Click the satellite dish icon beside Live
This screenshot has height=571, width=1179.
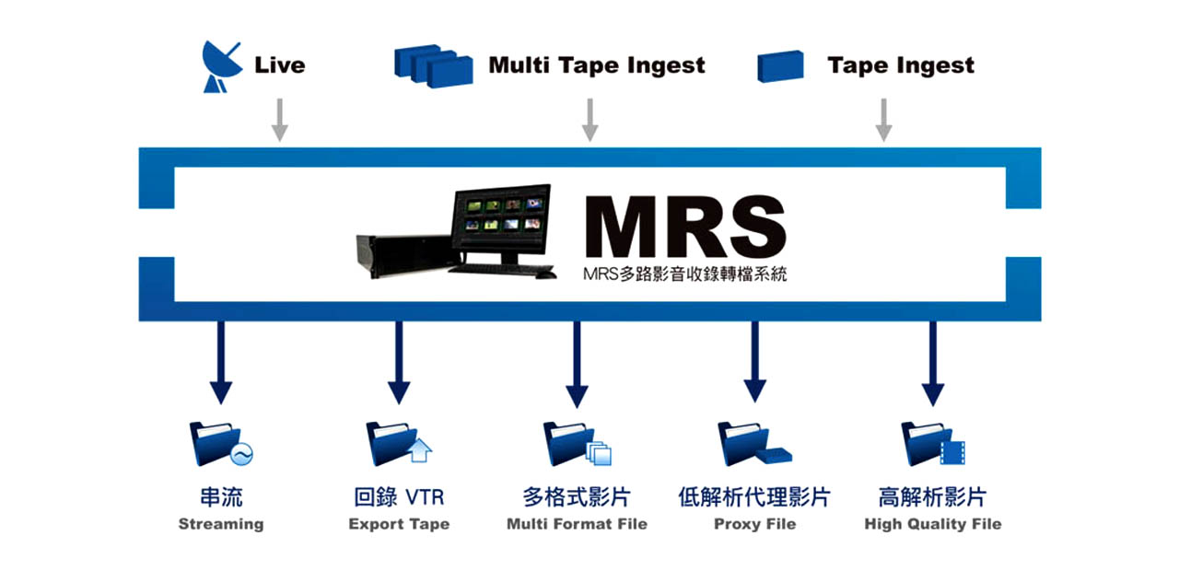pos(220,67)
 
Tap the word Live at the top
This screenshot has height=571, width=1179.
pos(279,65)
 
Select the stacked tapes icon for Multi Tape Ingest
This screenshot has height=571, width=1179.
pos(433,65)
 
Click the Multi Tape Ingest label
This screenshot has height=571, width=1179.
pos(597,65)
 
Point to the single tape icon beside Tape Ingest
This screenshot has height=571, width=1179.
pos(780,66)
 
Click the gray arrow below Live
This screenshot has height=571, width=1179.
pos(279,120)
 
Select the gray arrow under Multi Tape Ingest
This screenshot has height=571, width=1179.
pos(590,120)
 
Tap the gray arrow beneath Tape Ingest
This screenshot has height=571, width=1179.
pos(883,120)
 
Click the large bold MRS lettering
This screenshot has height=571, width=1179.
pos(685,227)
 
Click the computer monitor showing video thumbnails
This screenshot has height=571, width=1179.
pos(501,224)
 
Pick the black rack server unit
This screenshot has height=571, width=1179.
pos(405,256)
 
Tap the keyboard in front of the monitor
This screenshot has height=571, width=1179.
pos(501,271)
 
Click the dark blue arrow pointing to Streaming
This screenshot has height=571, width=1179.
pos(221,363)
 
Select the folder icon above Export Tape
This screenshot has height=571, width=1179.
pos(399,444)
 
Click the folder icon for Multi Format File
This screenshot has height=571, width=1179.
pos(577,444)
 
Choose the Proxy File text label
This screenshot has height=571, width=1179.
pos(754,524)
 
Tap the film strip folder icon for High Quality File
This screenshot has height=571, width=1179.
pos(933,444)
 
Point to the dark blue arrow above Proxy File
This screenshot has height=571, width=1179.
pos(754,363)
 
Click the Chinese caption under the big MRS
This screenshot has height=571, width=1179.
pos(684,274)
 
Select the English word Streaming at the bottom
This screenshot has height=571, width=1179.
pos(221,525)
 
